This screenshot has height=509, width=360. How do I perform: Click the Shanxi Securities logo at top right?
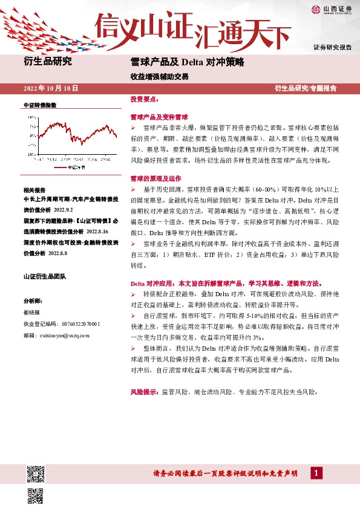point(332,8)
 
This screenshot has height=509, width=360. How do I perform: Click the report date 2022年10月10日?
point(51,88)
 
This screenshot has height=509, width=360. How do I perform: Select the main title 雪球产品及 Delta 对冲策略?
point(187,62)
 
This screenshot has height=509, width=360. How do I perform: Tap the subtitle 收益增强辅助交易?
point(151,77)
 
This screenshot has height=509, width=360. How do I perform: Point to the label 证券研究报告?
point(333,47)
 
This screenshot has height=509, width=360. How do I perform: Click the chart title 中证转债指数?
point(39,105)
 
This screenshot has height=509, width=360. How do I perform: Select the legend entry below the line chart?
point(70,167)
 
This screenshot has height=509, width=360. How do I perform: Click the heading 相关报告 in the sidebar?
point(34,189)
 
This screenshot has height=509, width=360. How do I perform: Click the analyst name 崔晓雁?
point(31,312)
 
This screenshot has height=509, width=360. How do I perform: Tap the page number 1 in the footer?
point(314,473)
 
